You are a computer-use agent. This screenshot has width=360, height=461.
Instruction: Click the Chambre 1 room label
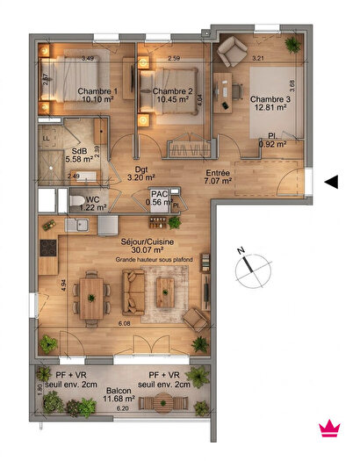click(97, 91)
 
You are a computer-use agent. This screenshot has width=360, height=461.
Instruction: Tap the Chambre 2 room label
click(172, 91)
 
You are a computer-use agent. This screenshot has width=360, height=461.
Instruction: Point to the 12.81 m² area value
click(270, 108)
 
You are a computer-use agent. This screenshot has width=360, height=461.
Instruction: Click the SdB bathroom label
click(78, 149)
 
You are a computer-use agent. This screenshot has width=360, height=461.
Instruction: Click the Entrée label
click(218, 172)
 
